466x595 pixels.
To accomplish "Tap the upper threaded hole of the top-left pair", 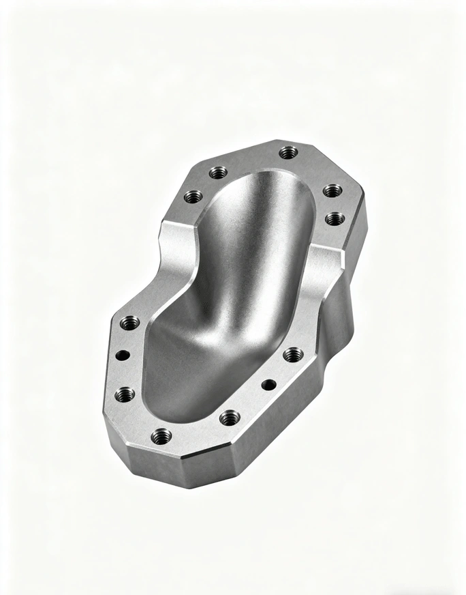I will pos(217,172).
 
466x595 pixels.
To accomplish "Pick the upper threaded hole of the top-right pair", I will pos(332,190).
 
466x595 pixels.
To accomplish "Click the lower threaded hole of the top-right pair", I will pos(335,218).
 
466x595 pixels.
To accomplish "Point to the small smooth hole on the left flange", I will pos(123,354).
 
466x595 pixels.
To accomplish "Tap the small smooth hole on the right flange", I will pos(269,385).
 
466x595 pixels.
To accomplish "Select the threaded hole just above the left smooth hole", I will pos(129,322).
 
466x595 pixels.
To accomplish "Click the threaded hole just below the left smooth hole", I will pos(125,394).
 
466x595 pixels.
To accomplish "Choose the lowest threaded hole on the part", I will pos(161,436).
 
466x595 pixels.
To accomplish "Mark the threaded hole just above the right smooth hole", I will pos(293,354).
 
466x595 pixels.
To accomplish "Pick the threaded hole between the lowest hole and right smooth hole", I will pos(230,417).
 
